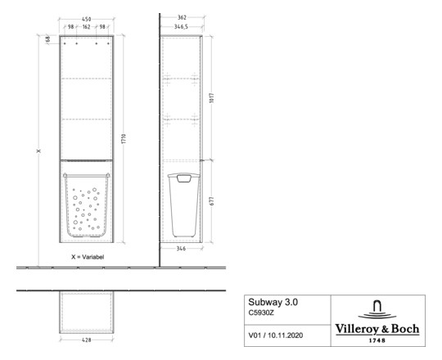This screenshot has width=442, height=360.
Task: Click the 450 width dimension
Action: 86,18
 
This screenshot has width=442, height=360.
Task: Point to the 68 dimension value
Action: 48,38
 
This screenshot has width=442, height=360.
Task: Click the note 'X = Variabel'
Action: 86,256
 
